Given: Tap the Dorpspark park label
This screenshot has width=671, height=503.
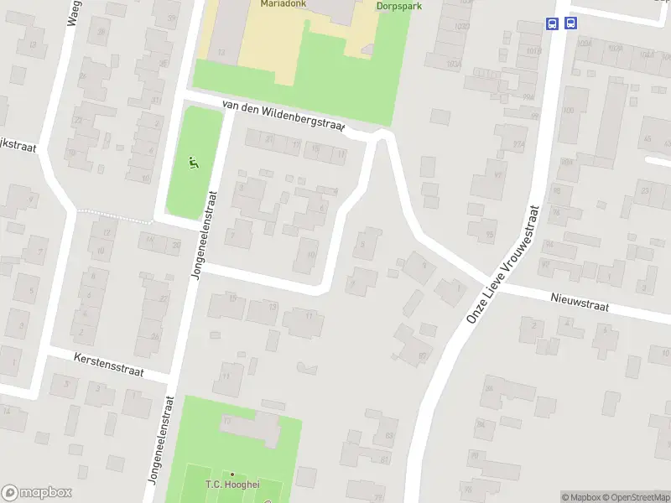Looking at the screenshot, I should [398, 5].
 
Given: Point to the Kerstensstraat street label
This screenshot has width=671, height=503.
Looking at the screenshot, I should [109, 365].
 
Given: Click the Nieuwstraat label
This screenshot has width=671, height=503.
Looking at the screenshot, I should [579, 302].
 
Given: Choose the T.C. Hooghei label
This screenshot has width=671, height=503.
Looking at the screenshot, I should [231, 485].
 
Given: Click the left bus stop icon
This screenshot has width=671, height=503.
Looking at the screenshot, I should [552, 24].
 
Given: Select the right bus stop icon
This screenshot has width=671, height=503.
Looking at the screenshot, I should [570, 24].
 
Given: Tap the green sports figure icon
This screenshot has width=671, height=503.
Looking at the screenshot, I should [194, 163].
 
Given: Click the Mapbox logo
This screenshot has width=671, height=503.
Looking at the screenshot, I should [36, 493].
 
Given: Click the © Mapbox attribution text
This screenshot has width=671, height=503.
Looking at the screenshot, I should [580, 497].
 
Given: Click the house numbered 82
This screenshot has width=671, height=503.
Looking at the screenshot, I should [422, 356].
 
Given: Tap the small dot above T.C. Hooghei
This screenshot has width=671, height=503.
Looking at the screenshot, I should [232, 474].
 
